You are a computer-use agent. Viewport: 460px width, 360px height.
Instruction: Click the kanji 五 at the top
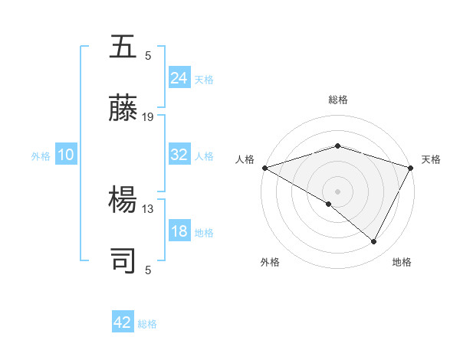point(124,47)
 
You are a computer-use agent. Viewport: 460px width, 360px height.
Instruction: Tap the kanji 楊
point(124,201)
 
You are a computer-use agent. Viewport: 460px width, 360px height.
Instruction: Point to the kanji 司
point(124,261)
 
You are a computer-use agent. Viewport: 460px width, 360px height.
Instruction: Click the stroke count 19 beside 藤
point(148,117)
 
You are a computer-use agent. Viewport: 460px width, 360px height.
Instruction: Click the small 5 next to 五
point(148,56)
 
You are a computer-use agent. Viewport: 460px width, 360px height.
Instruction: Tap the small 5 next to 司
point(148,270)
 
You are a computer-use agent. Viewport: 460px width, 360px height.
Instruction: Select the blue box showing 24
point(179,77)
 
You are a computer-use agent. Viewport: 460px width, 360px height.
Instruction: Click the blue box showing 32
point(179,155)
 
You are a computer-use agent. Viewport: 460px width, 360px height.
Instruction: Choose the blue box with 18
point(179,231)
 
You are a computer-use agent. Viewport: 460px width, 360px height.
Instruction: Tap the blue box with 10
point(65,155)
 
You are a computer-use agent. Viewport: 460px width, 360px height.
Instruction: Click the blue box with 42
point(123,322)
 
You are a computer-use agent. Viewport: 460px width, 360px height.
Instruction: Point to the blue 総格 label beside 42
point(148,324)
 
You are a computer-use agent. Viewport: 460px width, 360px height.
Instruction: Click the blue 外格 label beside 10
point(41,156)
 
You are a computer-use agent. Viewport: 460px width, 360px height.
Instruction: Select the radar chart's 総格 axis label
point(337,100)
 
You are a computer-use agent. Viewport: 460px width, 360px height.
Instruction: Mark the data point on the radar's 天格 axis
point(412,167)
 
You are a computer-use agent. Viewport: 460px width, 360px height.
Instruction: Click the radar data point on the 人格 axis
point(264,167)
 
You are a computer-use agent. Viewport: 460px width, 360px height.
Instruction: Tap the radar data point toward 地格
point(374,242)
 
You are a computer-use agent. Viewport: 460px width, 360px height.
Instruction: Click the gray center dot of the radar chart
point(337,191)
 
